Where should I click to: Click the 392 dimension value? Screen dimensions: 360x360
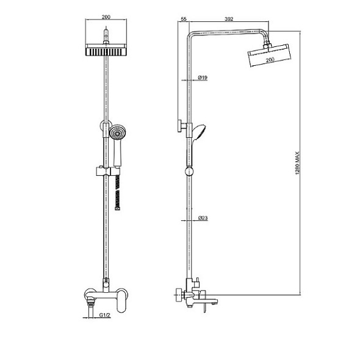coord(229,19)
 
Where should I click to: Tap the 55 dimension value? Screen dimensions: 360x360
coord(184,19)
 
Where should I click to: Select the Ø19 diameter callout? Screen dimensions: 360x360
coord(203,77)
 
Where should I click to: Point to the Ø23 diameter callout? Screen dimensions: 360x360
coord(203,218)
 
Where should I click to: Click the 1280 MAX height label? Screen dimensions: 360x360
coord(298,163)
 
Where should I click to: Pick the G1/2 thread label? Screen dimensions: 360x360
coord(105,315)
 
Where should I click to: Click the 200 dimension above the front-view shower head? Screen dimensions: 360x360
coord(106,17)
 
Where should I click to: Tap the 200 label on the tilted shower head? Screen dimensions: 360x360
coord(270,60)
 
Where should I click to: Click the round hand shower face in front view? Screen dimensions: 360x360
coord(118,132)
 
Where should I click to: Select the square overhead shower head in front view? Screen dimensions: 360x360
coord(106,50)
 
